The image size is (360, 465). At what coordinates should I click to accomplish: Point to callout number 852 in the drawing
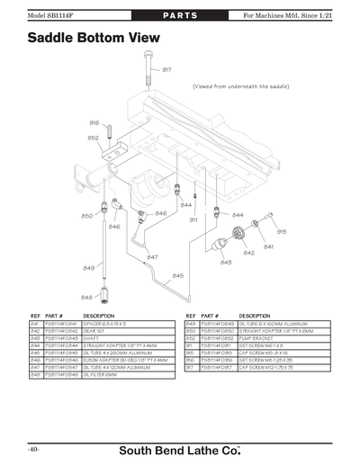pos(94,138)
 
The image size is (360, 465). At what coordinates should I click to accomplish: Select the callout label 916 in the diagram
pos(94,122)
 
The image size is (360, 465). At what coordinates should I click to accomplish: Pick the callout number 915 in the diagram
pos(282,231)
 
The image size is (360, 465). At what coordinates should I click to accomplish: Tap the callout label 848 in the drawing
pos(87,297)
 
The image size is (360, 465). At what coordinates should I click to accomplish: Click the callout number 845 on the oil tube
pos(177,275)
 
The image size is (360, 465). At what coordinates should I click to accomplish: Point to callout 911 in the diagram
pos(193,219)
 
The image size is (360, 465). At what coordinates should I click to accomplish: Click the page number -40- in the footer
pos(32,448)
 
